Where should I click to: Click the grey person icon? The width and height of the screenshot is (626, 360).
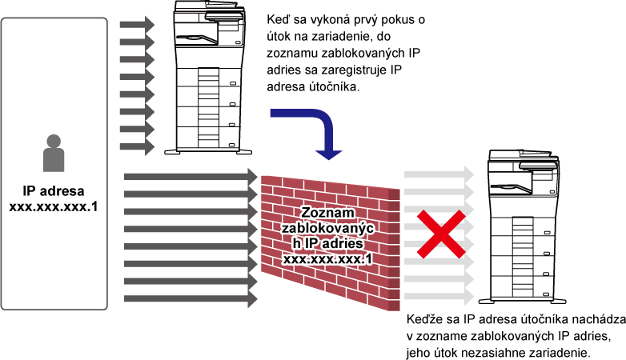pyautogui.click(x=54, y=154)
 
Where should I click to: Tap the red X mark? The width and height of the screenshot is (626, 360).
pyautogui.click(x=440, y=234)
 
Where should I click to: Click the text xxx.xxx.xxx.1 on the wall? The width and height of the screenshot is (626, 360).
pyautogui.click(x=327, y=259)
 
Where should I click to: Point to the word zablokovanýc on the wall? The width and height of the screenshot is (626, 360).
pyautogui.click(x=329, y=228)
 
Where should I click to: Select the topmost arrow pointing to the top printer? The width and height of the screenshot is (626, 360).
pyautogui.click(x=137, y=25)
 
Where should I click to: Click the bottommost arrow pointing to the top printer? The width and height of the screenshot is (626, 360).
pyautogui.click(x=137, y=147)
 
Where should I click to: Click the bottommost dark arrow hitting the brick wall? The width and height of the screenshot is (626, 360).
pyautogui.click(x=191, y=299)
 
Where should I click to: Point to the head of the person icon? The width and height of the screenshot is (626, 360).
pyautogui.click(x=54, y=142)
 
